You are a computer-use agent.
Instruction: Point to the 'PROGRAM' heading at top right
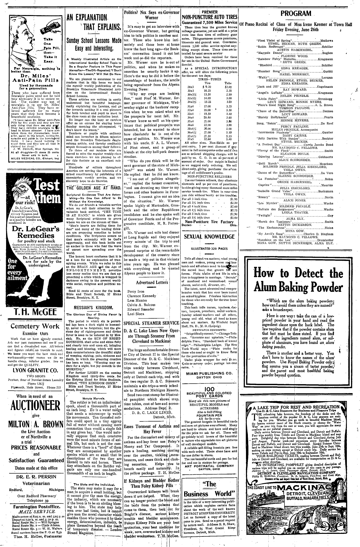(296, 14)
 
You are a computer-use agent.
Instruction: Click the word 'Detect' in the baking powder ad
(302, 273)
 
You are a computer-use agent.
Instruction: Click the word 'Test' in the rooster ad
(47, 185)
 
